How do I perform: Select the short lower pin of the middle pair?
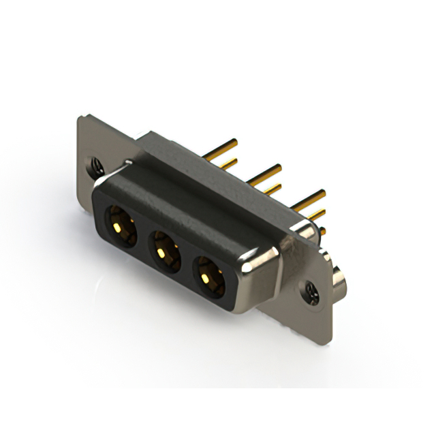pyautogui.click(x=271, y=188)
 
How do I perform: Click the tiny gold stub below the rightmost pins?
pyautogui.click(x=321, y=232)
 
